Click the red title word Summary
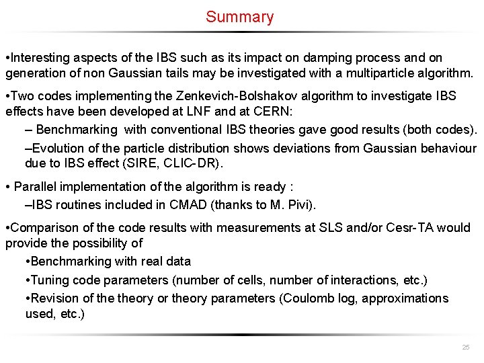click(x=240, y=17)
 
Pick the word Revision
click(x=54, y=298)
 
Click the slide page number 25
click(x=465, y=347)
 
